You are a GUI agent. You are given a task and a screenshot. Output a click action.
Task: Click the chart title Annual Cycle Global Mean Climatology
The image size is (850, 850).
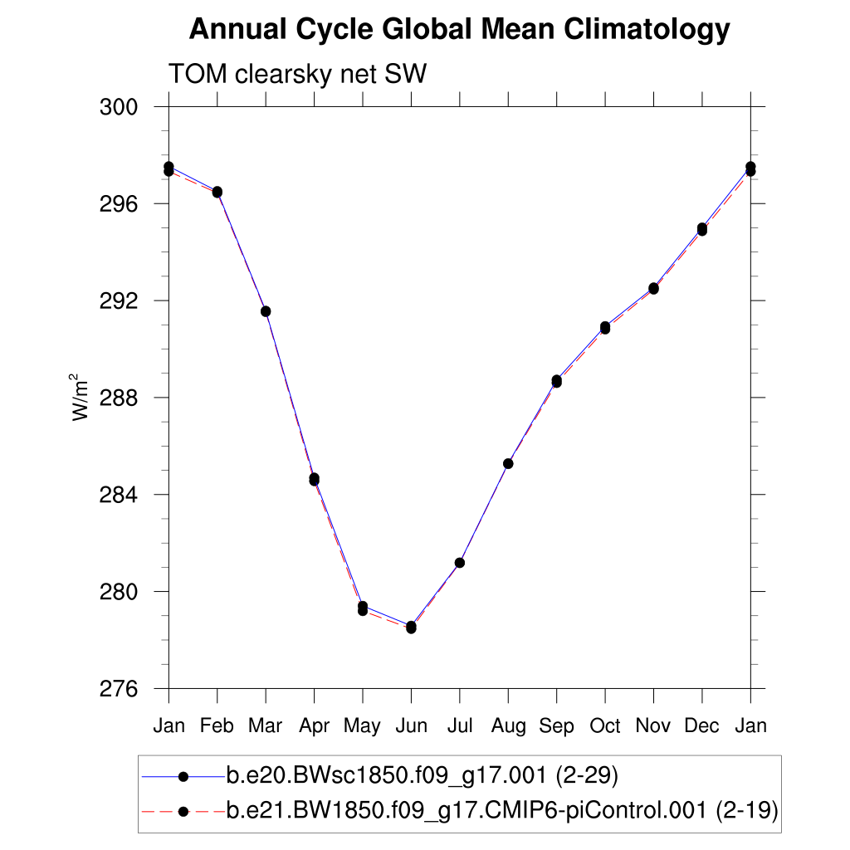(459, 30)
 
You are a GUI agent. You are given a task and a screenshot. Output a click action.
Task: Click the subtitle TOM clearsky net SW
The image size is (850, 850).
(297, 75)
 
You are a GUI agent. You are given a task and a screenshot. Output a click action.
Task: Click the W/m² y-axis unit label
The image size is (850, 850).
(81, 398)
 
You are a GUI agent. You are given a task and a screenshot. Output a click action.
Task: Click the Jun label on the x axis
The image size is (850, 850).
(411, 726)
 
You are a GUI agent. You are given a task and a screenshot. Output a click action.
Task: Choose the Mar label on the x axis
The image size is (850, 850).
(266, 726)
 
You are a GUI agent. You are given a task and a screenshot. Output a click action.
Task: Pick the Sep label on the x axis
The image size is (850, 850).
(556, 726)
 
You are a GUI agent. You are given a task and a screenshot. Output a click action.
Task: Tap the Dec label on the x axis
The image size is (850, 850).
(702, 726)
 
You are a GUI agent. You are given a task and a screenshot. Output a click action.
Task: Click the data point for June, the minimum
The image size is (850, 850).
(411, 627)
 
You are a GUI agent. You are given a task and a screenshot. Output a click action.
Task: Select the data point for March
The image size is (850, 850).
(266, 311)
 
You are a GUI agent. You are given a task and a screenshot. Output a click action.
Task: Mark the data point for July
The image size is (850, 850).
(459, 563)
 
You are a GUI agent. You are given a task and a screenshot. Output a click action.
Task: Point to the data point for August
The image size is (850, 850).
(508, 463)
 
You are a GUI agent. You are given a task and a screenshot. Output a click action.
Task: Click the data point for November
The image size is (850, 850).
(653, 288)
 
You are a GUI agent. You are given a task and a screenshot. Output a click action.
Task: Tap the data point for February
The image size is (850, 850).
(217, 192)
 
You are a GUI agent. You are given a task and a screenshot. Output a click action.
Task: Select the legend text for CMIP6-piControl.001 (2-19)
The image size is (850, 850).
(501, 809)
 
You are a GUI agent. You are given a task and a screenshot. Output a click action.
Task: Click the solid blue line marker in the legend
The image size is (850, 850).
(183, 776)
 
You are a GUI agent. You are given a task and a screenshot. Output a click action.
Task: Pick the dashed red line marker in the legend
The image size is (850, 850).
(183, 809)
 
